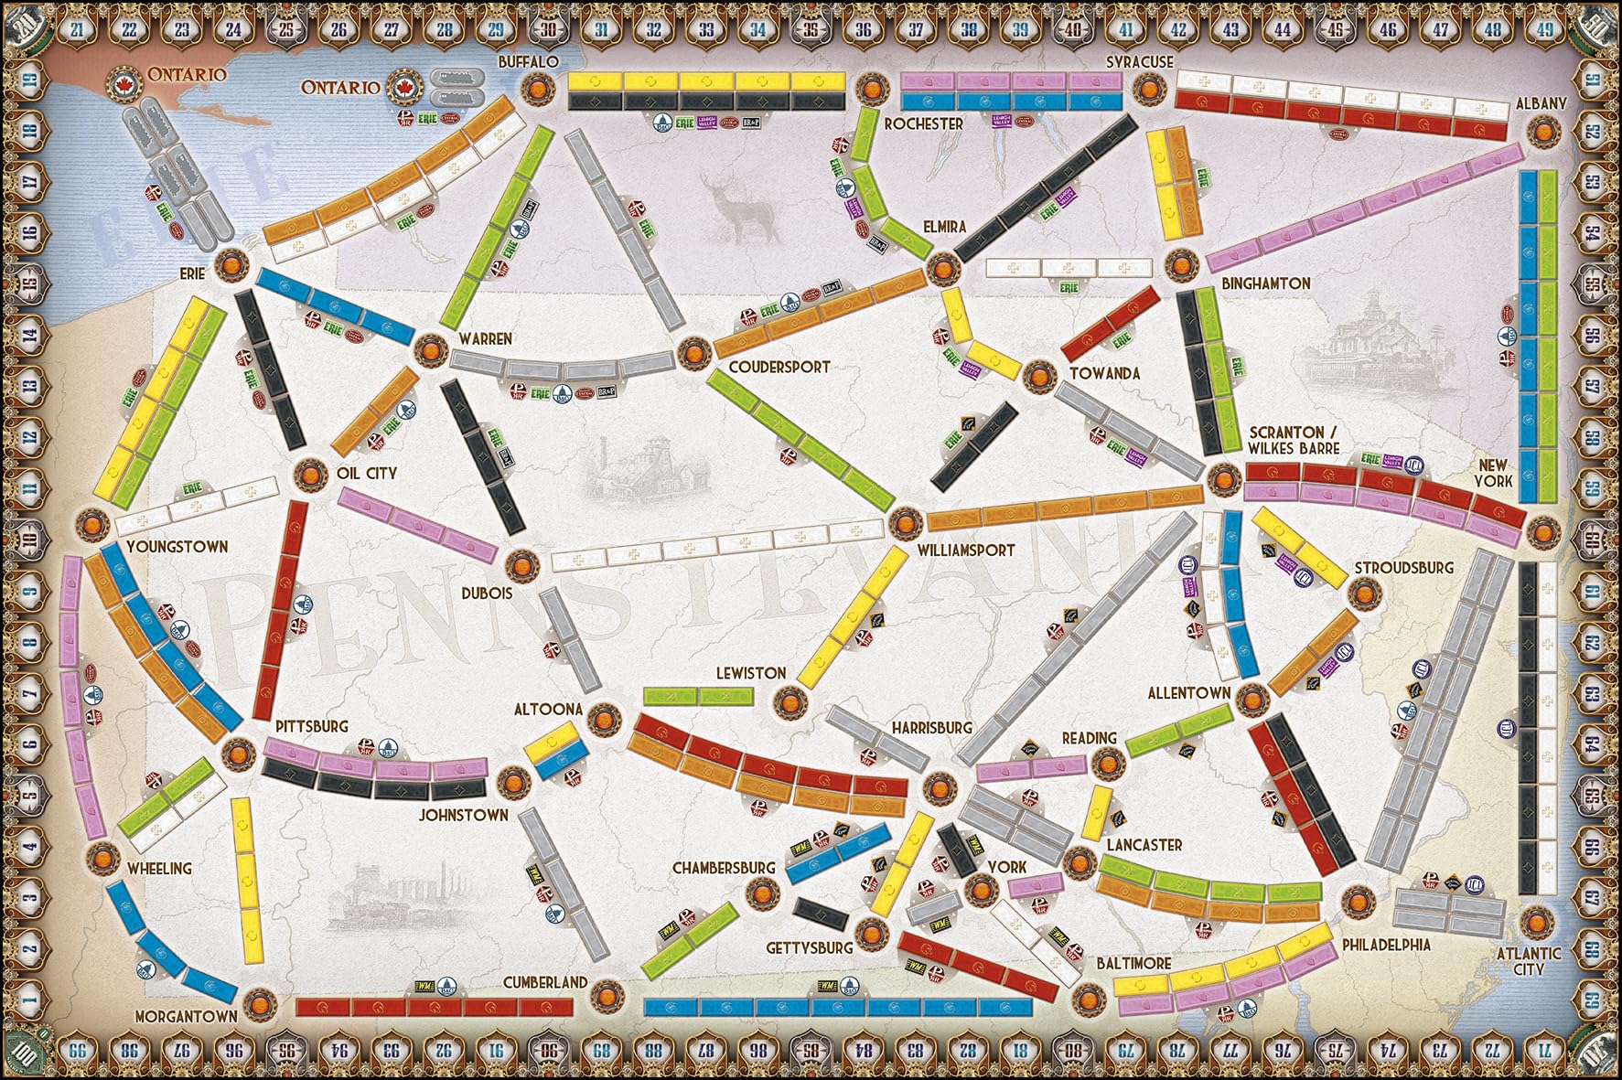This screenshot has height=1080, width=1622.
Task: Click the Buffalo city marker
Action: tap(535, 89)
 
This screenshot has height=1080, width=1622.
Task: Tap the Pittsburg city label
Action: tap(311, 726)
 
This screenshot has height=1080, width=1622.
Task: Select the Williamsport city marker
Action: tap(903, 523)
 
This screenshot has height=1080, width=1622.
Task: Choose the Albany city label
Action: tap(1541, 103)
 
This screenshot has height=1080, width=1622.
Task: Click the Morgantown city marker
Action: tap(257, 1000)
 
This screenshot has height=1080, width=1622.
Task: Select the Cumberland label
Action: tap(544, 982)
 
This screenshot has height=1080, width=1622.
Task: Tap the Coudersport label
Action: tap(779, 367)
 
